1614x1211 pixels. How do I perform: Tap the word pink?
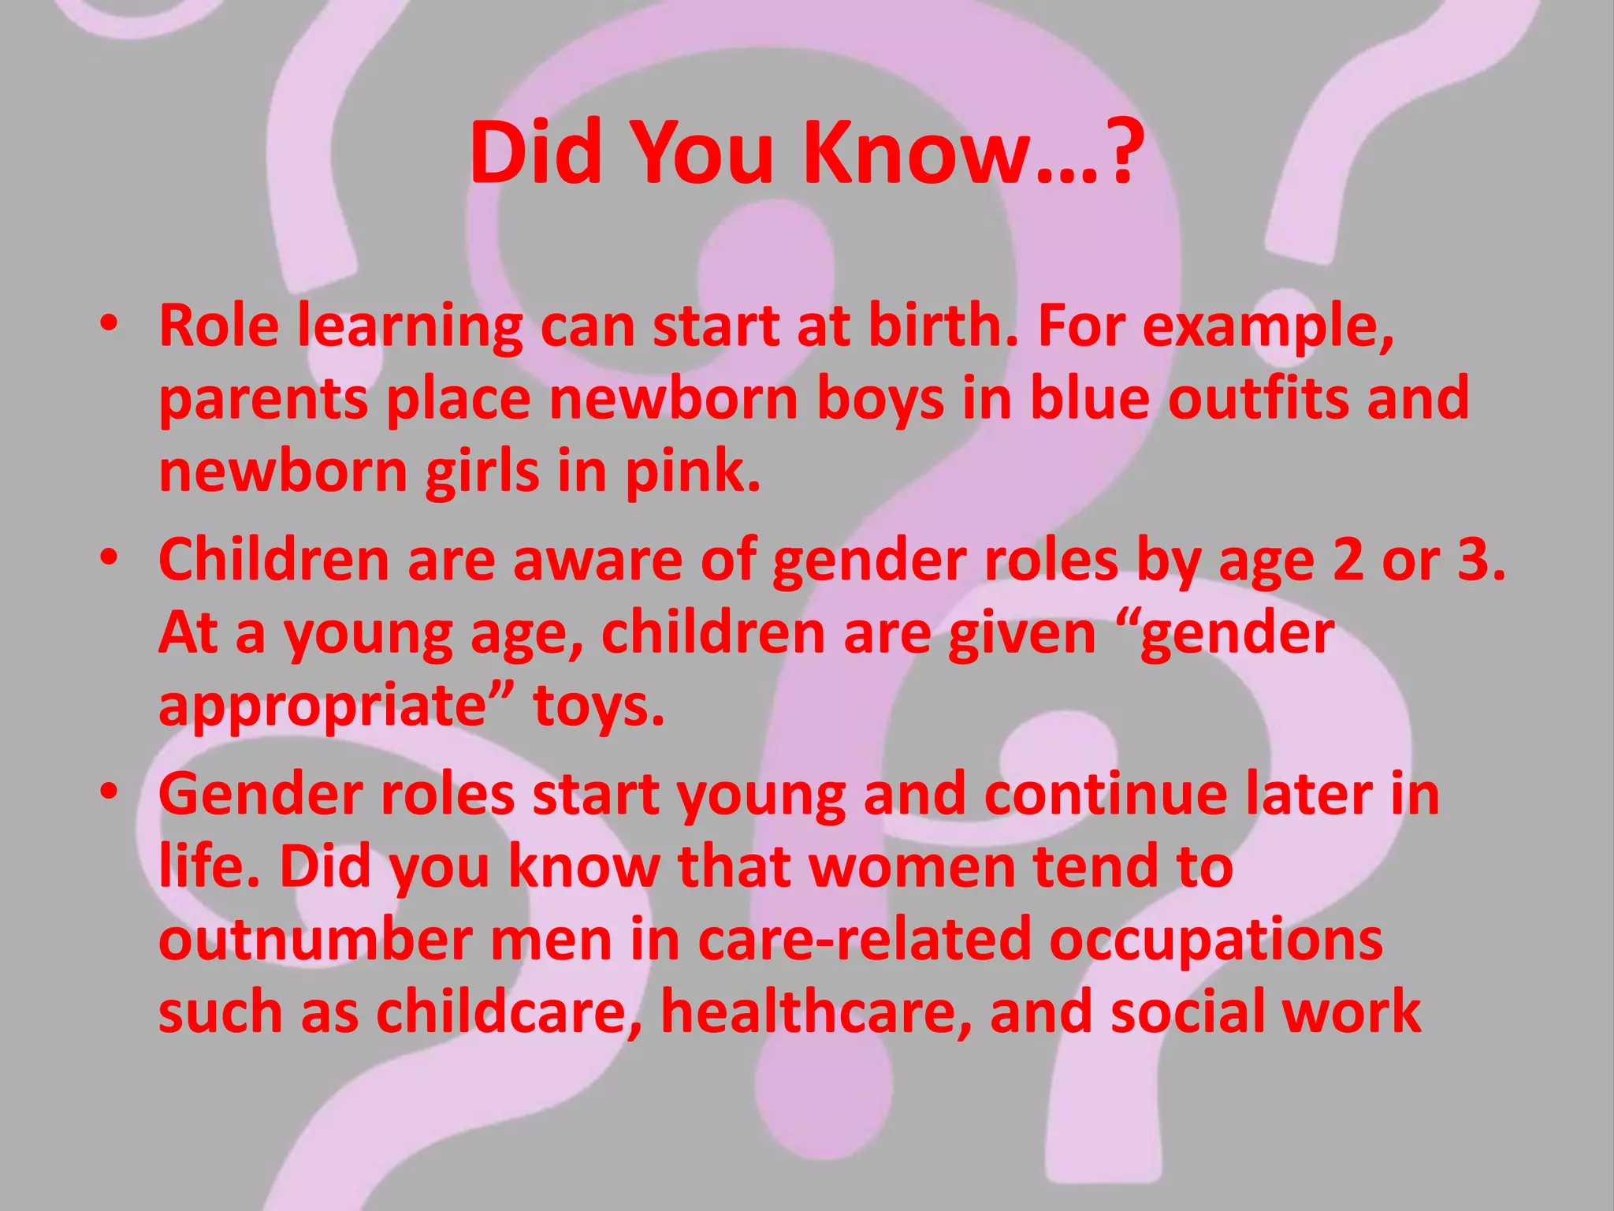coord(693,471)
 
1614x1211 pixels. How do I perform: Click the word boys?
coord(880,399)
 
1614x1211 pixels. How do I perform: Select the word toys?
coord(599,705)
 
